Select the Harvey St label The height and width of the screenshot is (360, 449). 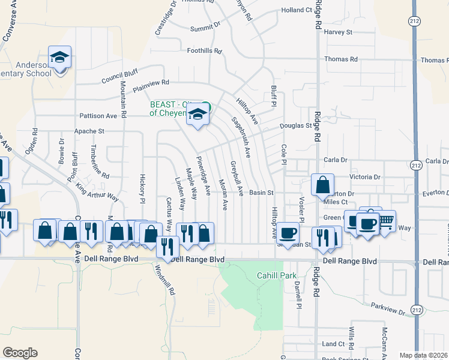point(338,32)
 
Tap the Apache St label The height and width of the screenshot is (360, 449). point(89,131)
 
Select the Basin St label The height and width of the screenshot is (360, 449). point(262,193)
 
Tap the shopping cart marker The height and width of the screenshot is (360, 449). point(385,221)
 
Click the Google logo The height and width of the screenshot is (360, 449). point(20,353)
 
